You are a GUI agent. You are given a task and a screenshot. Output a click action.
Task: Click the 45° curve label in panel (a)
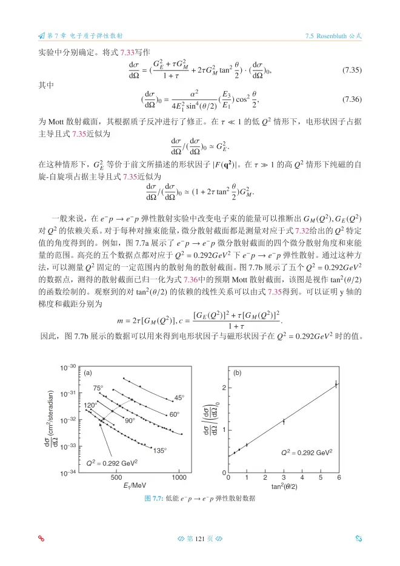pos(179,397)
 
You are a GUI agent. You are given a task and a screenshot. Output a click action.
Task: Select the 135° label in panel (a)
pos(159,450)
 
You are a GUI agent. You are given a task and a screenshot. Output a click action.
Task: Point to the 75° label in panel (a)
pos(98,388)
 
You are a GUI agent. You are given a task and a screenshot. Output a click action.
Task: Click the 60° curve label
pos(175,414)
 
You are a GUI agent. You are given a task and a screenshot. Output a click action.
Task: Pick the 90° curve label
pos(130,420)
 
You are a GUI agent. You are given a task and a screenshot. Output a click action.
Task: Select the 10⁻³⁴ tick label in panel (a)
pos(67,471)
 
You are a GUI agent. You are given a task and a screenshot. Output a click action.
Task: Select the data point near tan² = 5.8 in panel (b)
pos(336,383)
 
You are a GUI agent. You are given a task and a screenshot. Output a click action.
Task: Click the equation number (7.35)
pos(352,69)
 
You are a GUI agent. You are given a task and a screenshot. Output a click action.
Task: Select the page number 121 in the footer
pos(199,538)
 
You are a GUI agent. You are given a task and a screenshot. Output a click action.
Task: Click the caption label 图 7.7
pos(153,498)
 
